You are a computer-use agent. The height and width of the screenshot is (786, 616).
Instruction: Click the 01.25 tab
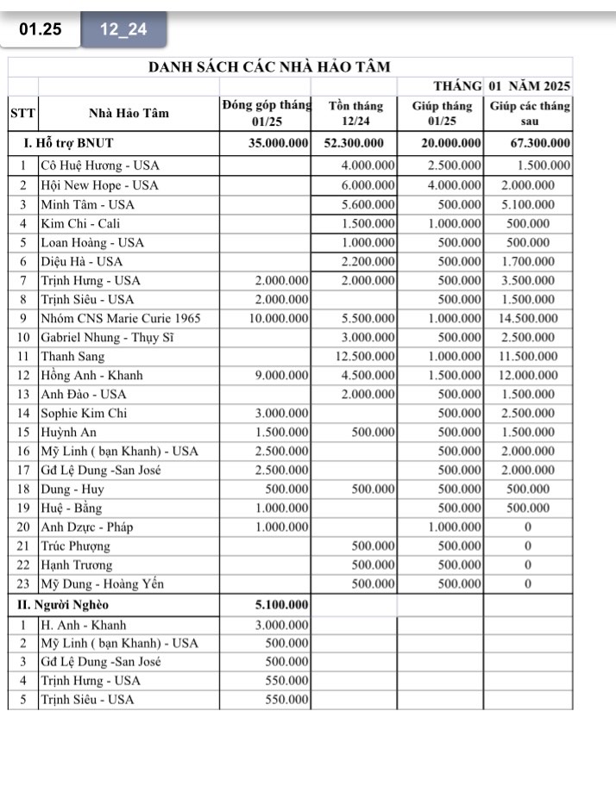[x=41, y=28]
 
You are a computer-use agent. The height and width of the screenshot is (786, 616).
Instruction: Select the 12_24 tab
[x=123, y=29]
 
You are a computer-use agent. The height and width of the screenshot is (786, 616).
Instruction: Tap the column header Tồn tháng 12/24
[x=355, y=114]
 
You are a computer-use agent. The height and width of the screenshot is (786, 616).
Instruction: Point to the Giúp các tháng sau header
[x=530, y=114]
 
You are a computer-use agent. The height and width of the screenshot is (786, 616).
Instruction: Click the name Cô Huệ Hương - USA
[x=100, y=165]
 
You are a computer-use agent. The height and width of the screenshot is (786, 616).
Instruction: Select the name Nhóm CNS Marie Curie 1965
[x=121, y=318]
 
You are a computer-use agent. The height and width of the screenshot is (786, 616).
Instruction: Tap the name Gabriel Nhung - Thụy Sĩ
[x=108, y=337]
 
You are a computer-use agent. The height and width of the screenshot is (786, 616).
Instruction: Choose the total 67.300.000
[x=537, y=143]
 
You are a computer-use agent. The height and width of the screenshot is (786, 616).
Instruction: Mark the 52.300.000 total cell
[x=354, y=143]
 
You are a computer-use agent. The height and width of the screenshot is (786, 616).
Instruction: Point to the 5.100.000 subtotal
[x=280, y=603]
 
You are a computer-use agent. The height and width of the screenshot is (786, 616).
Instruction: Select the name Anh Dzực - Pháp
[x=87, y=527]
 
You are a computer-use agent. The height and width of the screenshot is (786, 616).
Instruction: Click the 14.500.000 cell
[x=527, y=318]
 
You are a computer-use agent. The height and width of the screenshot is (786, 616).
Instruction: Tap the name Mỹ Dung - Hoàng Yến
[x=103, y=583]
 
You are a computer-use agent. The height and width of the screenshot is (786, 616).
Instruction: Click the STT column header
[x=22, y=113]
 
